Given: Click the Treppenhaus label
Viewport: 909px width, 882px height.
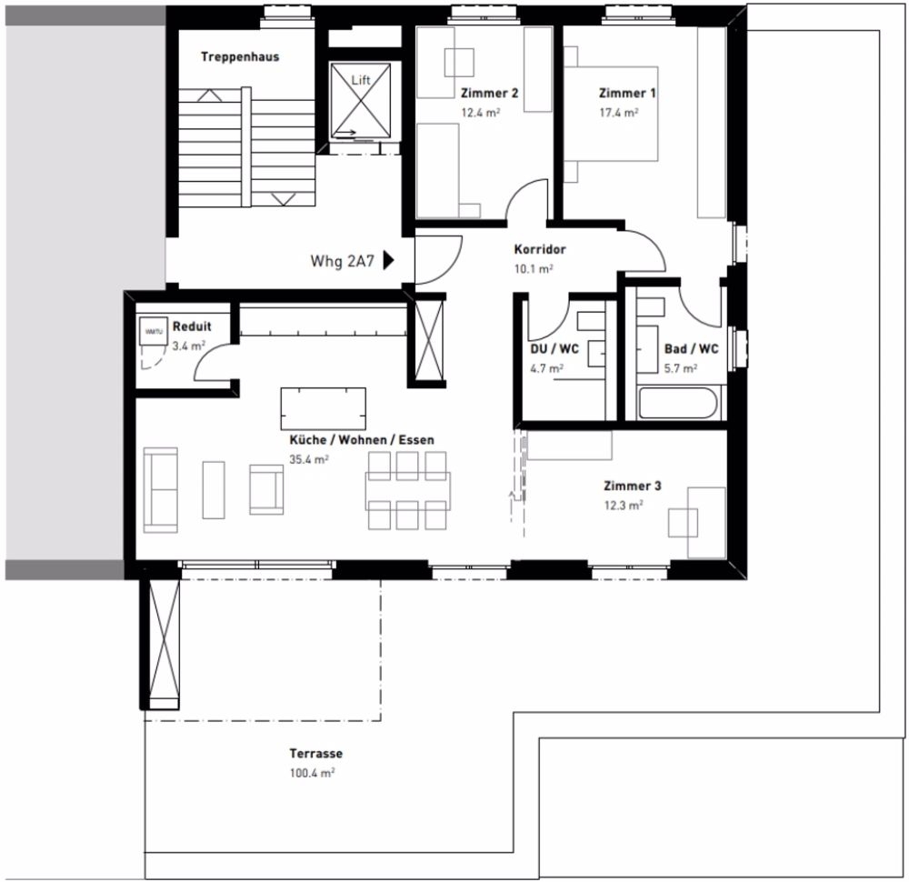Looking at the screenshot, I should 240,56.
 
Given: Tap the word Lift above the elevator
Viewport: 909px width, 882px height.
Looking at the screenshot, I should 361,80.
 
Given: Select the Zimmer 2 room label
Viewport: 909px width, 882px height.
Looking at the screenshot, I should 489,93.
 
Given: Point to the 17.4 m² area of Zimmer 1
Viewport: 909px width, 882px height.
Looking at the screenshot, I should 618,112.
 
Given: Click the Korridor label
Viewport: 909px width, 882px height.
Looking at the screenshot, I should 540,249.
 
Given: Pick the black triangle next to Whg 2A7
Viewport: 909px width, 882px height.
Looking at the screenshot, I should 388,261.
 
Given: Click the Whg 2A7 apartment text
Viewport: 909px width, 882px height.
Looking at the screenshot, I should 342,261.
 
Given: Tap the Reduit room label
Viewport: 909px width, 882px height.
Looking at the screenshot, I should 192,326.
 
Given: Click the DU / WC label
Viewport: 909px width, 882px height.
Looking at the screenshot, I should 554,349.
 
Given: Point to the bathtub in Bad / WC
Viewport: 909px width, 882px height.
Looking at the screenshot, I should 679,403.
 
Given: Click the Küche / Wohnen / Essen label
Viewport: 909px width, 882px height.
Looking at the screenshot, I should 362,440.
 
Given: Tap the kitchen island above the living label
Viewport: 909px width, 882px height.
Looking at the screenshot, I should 323,408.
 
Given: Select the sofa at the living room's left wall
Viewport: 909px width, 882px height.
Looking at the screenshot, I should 161,489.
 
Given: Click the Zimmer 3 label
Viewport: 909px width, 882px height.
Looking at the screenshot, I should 633,486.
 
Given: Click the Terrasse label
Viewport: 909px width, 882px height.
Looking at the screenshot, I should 315,754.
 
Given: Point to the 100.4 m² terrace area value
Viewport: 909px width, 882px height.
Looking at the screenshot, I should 312,773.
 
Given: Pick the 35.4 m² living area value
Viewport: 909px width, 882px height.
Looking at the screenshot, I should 309,459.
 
